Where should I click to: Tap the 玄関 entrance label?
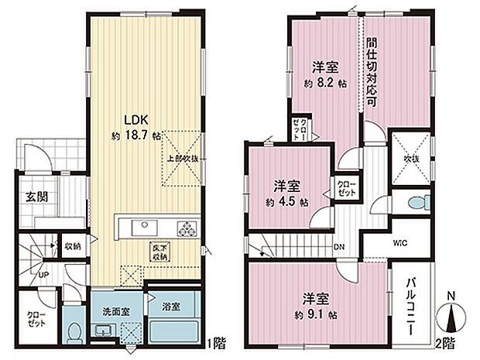point(36,197)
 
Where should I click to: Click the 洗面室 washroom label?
point(117,310)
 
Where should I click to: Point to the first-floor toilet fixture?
point(73,334)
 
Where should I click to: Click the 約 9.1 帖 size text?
point(314,315)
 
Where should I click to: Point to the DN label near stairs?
point(338,248)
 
